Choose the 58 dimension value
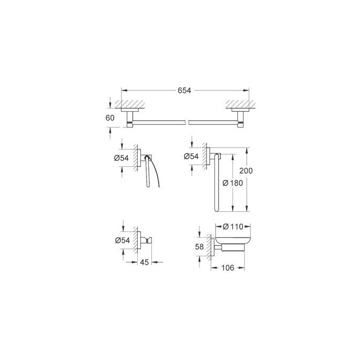199,247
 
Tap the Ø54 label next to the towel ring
192,156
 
